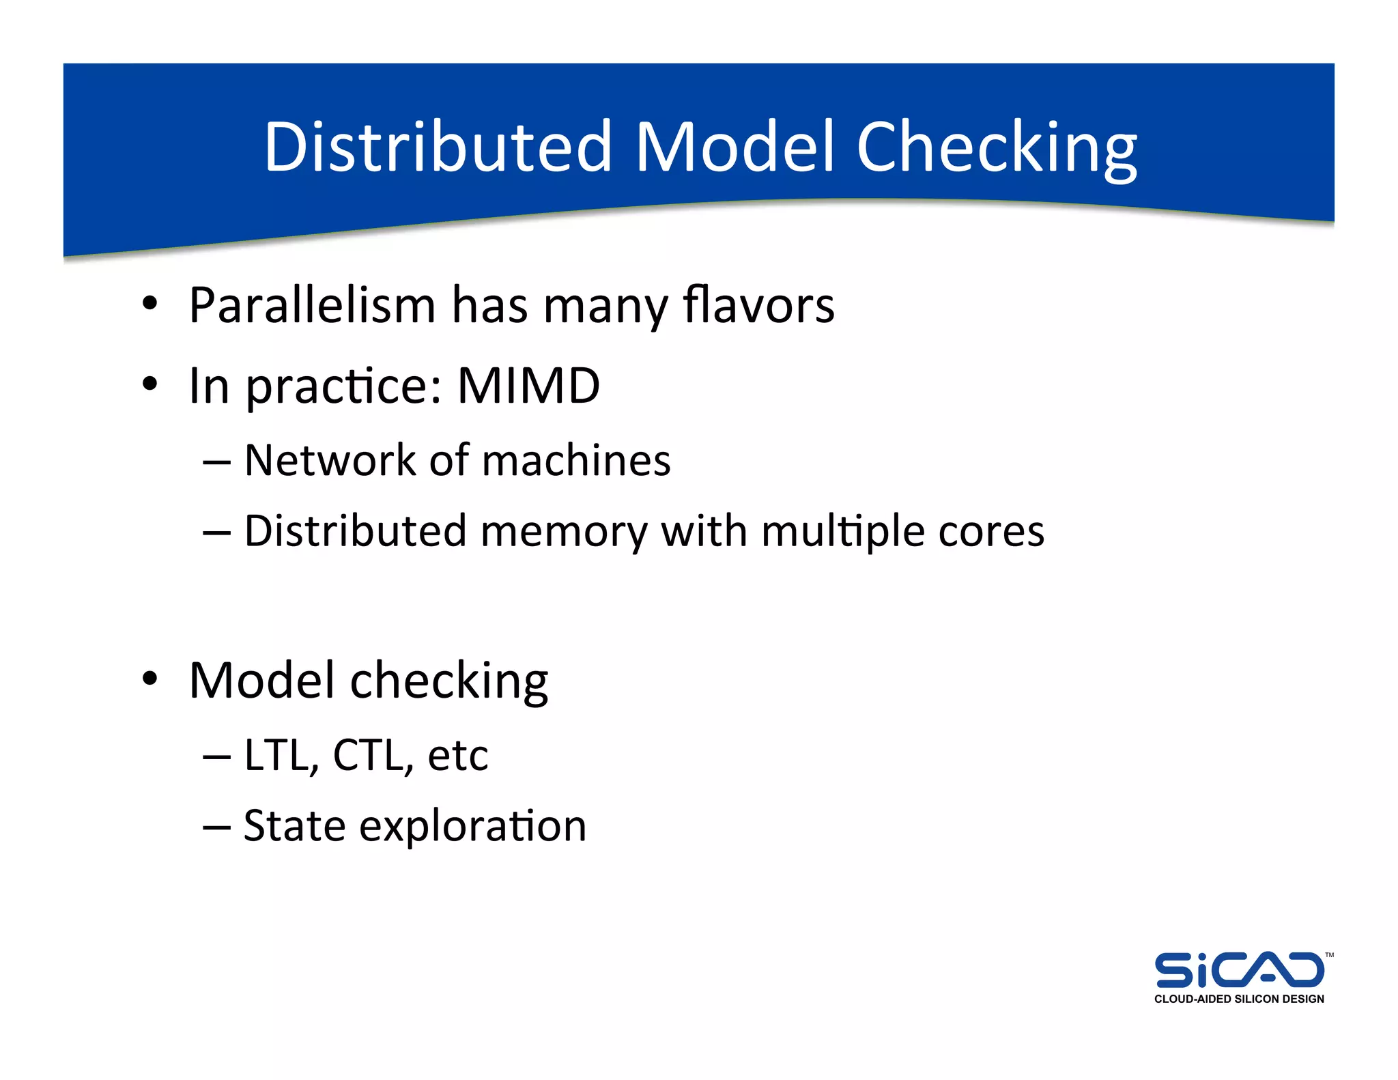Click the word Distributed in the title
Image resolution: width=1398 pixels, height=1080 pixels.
[437, 147]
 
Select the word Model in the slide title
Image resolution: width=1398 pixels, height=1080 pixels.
[734, 147]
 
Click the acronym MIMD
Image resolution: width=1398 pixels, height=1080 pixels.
[528, 386]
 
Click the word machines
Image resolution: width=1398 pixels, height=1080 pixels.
[576, 460]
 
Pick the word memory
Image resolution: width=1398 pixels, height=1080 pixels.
[564, 532]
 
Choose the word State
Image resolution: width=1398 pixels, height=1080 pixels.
[294, 826]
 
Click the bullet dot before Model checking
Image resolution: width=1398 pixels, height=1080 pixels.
[150, 679]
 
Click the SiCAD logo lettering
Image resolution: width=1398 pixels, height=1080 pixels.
[1238, 970]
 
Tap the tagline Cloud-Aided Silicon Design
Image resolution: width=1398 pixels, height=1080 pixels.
[1238, 999]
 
